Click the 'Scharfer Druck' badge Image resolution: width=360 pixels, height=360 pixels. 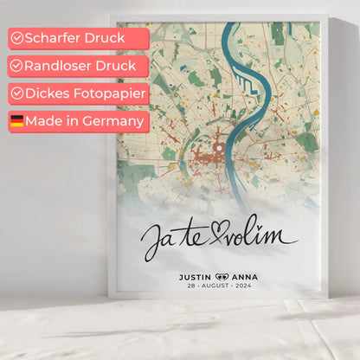pyautogui.click(x=79, y=38)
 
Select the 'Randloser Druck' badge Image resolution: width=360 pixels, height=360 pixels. pyautogui.click(x=79, y=66)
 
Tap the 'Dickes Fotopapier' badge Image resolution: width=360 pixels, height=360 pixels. pyautogui.click(x=79, y=93)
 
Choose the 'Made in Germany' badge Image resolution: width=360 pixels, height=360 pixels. pyautogui.click(x=79, y=121)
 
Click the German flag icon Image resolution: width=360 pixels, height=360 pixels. pyautogui.click(x=16, y=121)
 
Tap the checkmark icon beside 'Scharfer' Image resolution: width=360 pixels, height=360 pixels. pyautogui.click(x=16, y=38)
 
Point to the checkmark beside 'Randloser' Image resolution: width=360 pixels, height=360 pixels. pyautogui.click(x=16, y=66)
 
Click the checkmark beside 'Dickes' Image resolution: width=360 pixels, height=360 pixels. pyautogui.click(x=16, y=93)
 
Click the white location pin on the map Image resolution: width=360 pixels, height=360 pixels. pyautogui.click(x=219, y=149)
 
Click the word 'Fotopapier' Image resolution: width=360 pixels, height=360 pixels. pyautogui.click(x=107, y=93)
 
